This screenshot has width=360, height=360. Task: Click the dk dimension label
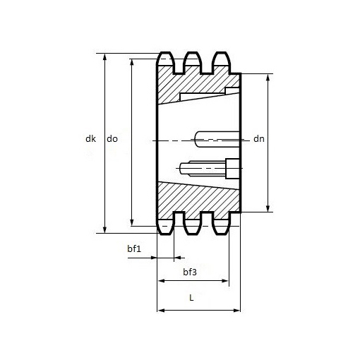click(90, 140)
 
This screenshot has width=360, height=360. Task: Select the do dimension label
click(112, 140)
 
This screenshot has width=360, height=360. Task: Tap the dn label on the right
click(259, 140)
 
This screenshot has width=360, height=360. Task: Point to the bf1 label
click(134, 248)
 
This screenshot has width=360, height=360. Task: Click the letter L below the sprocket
click(191, 298)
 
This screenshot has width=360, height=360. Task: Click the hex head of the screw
click(232, 167)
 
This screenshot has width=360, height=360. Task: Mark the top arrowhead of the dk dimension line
click(105, 56)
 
